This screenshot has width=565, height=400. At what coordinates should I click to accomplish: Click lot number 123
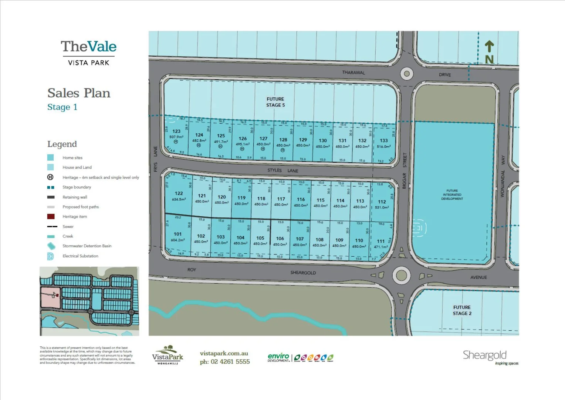176,131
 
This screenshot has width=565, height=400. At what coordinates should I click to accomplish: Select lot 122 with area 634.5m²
179,194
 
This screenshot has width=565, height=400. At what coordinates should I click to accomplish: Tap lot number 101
177,234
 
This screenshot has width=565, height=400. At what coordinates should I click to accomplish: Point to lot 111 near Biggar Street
380,241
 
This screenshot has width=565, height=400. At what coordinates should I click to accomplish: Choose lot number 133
384,141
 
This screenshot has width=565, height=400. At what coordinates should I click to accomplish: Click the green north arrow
489,47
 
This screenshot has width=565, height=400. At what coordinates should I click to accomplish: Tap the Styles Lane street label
282,170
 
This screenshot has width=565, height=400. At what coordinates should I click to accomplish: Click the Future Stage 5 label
275,102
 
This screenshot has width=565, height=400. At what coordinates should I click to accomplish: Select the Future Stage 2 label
462,310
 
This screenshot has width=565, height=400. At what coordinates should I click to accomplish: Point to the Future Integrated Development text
452,195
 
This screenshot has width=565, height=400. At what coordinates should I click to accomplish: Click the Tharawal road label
353,73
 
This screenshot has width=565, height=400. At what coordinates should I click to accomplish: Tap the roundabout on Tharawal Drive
406,74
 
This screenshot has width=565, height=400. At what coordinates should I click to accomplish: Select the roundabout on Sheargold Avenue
401,276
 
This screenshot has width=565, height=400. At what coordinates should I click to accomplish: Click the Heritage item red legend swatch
51,217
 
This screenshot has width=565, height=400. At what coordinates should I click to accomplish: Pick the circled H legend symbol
51,177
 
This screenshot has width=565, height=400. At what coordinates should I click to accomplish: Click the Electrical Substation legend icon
51,256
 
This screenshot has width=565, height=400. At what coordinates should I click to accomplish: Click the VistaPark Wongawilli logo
168,355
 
